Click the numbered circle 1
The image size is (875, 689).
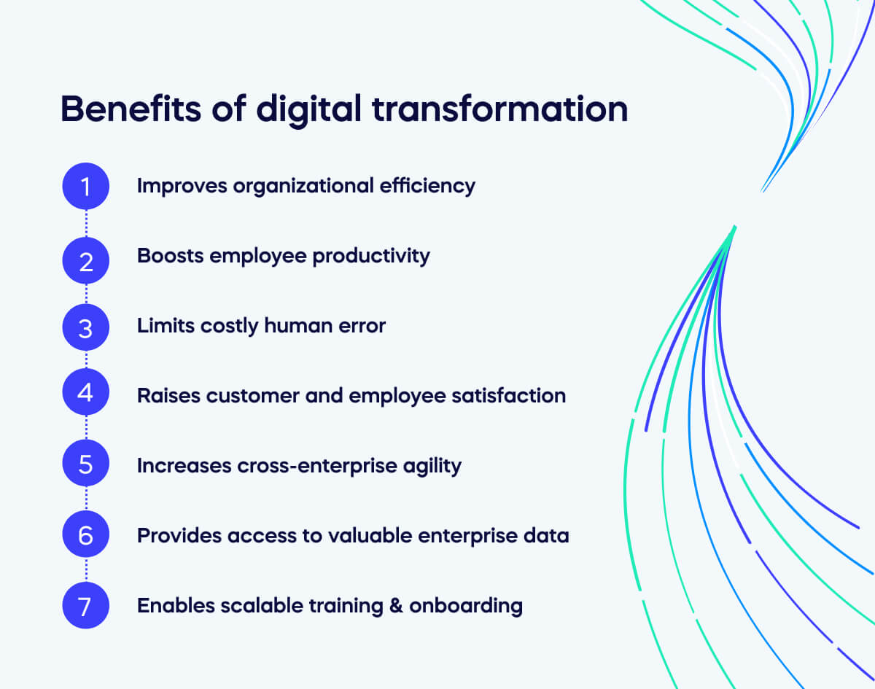pyautogui.click(x=86, y=187)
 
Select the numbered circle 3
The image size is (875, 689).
pyautogui.click(x=86, y=327)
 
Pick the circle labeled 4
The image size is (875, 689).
pyautogui.click(x=86, y=394)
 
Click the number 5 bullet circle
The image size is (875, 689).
pyautogui.click(x=86, y=464)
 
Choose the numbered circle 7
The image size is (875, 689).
pyautogui.click(x=86, y=605)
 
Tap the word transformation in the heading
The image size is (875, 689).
pyautogui.click(x=500, y=109)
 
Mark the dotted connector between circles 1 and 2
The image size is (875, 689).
pyautogui.click(x=86, y=222)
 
